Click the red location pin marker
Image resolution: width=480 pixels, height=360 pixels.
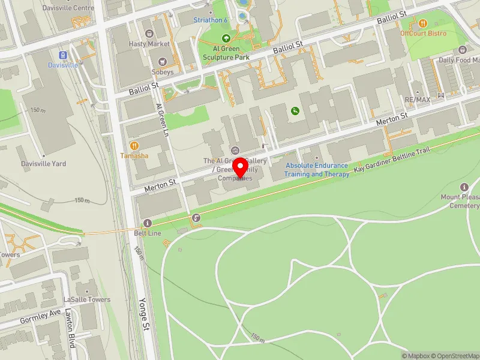coord(241,168)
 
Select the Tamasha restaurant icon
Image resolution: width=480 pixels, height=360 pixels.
coord(134,145)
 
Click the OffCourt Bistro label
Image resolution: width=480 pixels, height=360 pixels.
coord(424,33)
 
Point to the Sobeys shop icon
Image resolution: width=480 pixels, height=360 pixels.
coord(162,61)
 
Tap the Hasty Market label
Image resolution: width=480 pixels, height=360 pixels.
coord(150,44)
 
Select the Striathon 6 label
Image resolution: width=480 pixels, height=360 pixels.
coord(211,20)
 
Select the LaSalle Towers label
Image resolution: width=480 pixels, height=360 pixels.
coord(86,299)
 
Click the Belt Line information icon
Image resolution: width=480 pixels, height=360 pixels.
coord(148,223)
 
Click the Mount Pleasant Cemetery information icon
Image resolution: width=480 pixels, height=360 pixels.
coord(464,187)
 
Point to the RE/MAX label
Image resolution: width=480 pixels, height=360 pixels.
coord(417,99)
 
